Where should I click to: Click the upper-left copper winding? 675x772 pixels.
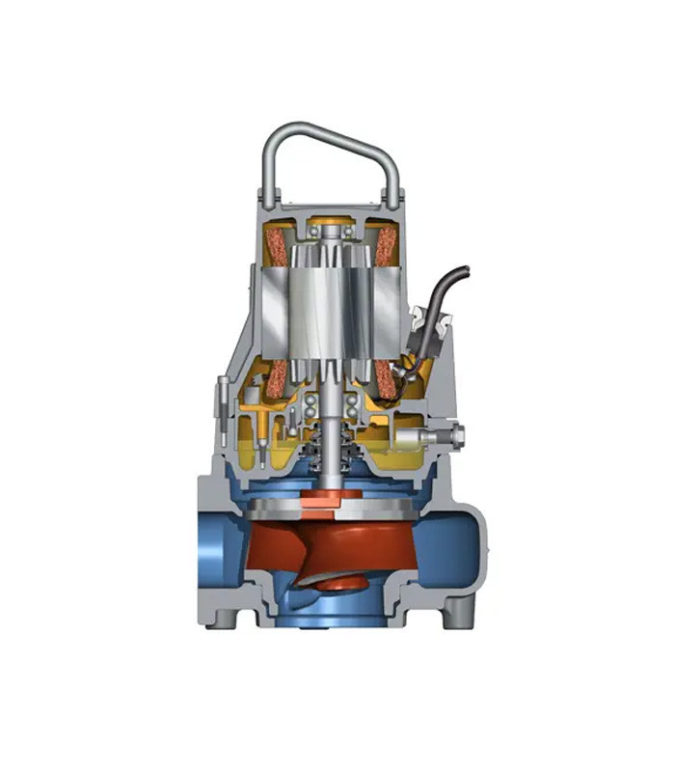click(x=278, y=244)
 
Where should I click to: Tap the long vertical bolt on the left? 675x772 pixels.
click(x=224, y=405)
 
